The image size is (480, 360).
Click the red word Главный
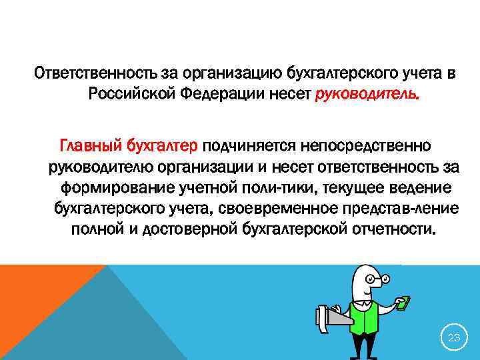click(x=87, y=144)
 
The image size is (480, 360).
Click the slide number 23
click(x=454, y=338)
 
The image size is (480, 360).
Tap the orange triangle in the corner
click(x=33, y=293)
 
